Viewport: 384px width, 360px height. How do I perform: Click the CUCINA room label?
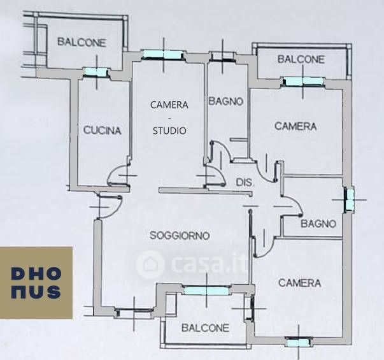pos(102,131)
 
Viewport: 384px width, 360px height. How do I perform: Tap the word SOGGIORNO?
pos(180,236)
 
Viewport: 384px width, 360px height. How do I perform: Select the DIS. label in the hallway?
pos(245,182)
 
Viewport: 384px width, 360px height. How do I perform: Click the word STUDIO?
pos(169,131)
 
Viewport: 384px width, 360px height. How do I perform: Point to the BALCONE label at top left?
pos(82,43)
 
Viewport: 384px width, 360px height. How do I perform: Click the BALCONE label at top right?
pos(301,59)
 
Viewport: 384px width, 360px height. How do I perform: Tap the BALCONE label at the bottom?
pos(205,329)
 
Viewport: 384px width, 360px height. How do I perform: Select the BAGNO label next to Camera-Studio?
pos(226,101)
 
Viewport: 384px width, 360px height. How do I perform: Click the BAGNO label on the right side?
pos(318,224)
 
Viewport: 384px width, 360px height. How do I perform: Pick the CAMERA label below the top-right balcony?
pos(295,126)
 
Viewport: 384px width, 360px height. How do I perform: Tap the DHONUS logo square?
pos(36,282)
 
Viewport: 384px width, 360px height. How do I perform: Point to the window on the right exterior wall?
pos(348,199)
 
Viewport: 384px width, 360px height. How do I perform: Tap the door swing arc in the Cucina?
pos(118,174)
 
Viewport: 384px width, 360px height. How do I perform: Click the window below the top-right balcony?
pos(302,81)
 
